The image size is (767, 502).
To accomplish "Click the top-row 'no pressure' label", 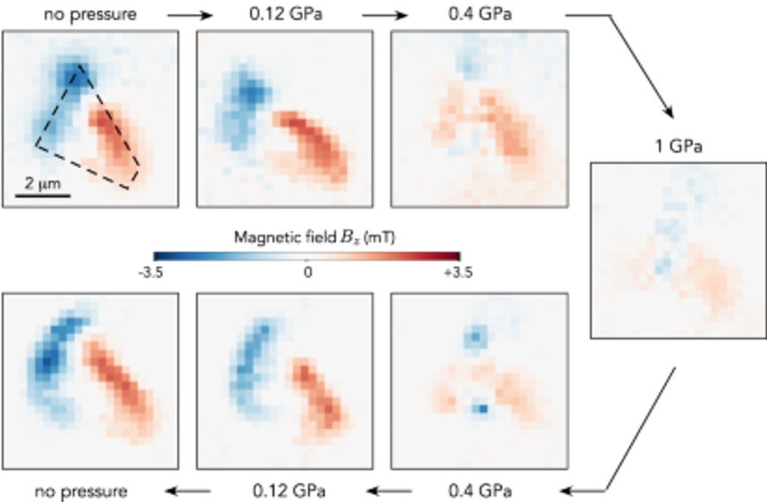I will coord(91,14).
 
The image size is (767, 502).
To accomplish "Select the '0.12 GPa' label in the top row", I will coord(284,14).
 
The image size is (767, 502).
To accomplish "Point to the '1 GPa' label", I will coord(677,146).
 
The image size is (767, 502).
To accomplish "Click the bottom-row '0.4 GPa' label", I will coord(479,492).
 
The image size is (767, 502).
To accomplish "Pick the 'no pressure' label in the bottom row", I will coord(82,492).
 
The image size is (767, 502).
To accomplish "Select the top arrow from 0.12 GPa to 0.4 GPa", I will coord(385,14).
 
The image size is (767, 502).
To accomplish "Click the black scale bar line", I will coord(43,196).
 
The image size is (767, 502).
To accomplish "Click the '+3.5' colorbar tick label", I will coord(458,272).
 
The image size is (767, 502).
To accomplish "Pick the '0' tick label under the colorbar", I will coord(307,272).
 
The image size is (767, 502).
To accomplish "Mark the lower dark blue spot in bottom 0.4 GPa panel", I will coord(482,409).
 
